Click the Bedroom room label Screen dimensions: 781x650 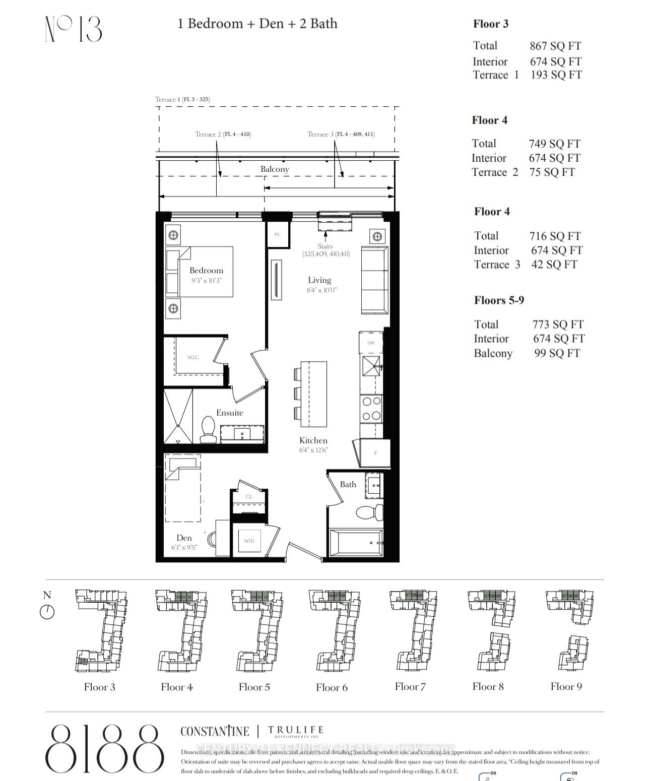pos(206,271)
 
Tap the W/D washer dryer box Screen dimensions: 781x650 pos(249,541)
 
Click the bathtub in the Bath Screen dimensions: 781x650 pos(356,543)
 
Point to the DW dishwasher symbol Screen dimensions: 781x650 pos(371,343)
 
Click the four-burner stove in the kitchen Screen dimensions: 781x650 pos(371,409)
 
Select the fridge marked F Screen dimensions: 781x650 pos(373,452)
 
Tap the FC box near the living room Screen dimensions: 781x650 pos(277,234)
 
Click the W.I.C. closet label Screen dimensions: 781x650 pos(193,357)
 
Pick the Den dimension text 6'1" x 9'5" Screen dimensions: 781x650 pos(184,547)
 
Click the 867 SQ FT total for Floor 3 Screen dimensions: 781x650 pos(555,46)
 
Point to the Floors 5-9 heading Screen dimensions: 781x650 pos(499,300)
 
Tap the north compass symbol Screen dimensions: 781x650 pos(47,612)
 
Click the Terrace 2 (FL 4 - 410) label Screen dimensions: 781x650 pos(223,134)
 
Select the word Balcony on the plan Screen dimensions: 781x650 pos(275,169)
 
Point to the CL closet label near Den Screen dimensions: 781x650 pos(249,496)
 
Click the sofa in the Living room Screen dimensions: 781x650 pos(374,280)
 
